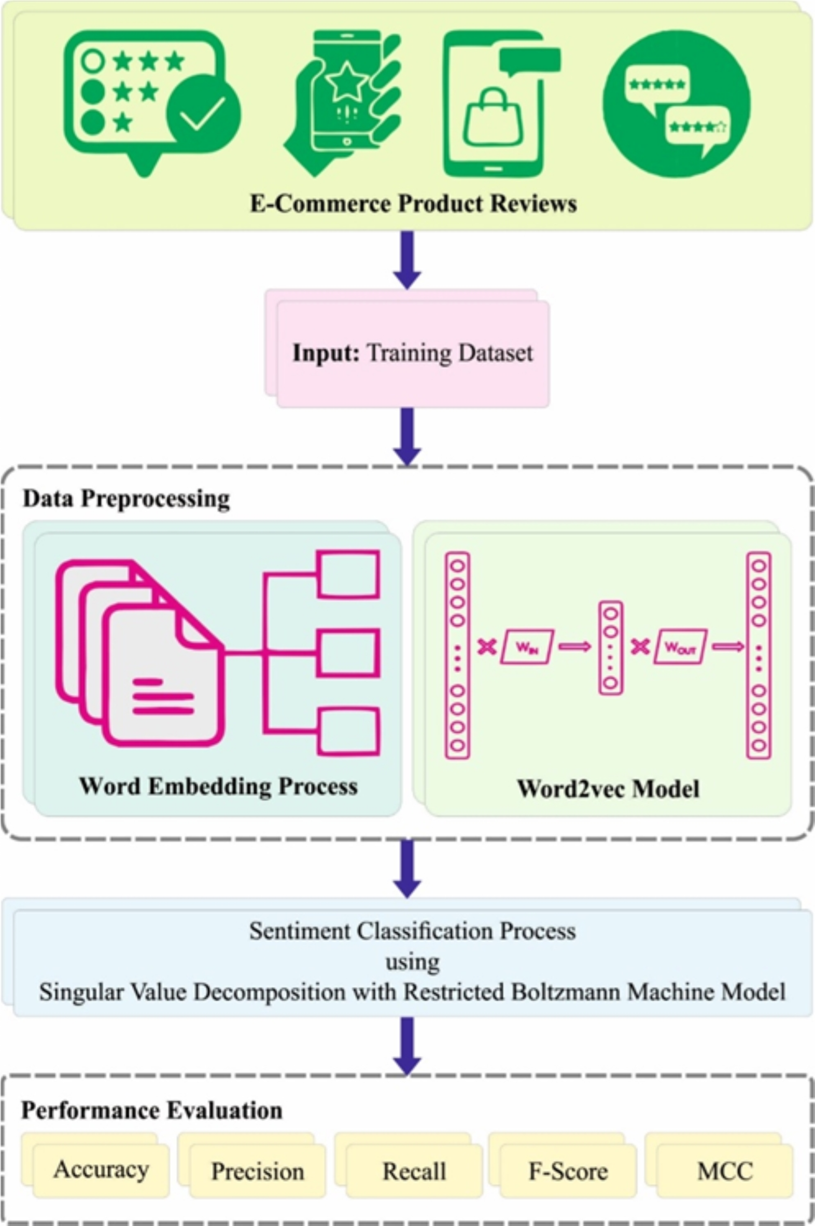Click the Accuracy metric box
pos(101,1170)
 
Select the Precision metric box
pos(258,1172)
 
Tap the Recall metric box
pos(414,1172)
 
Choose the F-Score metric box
pos(568,1172)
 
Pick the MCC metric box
pos(725,1172)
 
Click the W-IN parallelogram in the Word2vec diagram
pos(527,646)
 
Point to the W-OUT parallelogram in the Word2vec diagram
pos(680,646)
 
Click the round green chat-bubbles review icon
pos(676,104)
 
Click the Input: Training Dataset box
pos(413,354)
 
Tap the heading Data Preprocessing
pos(126,499)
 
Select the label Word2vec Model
pos(608,789)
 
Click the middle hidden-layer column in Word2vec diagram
pos(611,648)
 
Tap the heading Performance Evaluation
pos(152,1110)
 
